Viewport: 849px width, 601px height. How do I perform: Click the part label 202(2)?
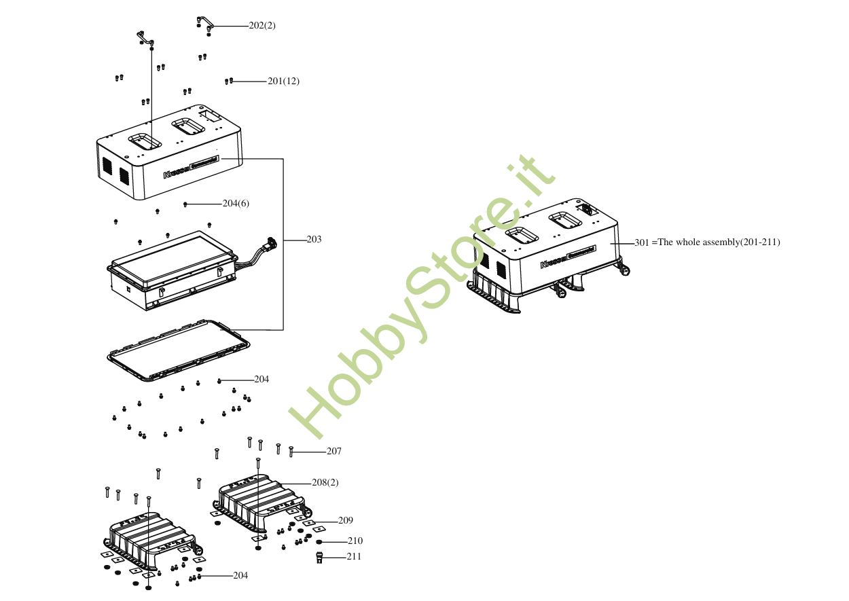262,26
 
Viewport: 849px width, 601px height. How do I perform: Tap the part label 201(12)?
283,81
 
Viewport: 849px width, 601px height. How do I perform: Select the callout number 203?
314,240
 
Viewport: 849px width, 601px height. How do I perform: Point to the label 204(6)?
236,204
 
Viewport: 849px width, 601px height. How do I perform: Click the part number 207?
333,452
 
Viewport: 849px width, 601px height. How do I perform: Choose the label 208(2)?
325,483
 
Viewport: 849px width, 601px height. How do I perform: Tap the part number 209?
345,521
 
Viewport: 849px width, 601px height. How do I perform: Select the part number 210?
355,541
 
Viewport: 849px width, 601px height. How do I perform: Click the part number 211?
354,557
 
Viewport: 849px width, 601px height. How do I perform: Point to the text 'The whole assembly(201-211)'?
719,242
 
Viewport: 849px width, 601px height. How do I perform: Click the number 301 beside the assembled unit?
642,242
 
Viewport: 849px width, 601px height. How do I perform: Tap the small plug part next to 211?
319,558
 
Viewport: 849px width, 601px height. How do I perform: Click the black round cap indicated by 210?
319,542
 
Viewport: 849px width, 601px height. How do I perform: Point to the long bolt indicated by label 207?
291,452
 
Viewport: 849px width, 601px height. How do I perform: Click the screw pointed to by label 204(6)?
185,204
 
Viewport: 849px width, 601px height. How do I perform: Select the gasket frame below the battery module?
179,349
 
